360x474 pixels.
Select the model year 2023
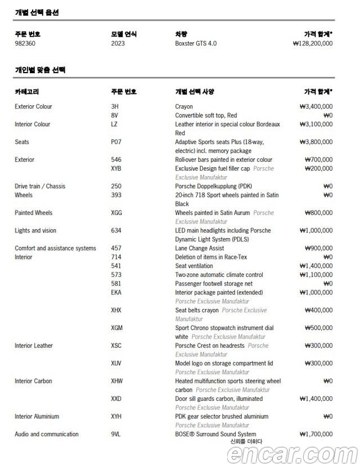118,43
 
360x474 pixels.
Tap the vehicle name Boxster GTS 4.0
196,43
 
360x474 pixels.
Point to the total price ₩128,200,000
313,43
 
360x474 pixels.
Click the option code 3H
115,106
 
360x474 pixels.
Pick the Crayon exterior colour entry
184,106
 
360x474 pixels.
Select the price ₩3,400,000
316,106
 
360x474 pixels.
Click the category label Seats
22,142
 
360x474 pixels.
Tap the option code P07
116,142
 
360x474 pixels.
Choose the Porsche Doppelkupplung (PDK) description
214,186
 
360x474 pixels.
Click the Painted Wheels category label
34,213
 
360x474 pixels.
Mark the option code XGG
116,213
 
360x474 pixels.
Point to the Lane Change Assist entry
200,248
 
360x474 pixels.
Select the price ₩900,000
318,248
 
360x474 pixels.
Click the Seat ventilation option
194,266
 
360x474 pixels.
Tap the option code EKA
116,293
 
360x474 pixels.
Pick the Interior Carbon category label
33,381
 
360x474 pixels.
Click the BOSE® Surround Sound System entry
215,434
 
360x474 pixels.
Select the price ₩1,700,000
316,434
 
